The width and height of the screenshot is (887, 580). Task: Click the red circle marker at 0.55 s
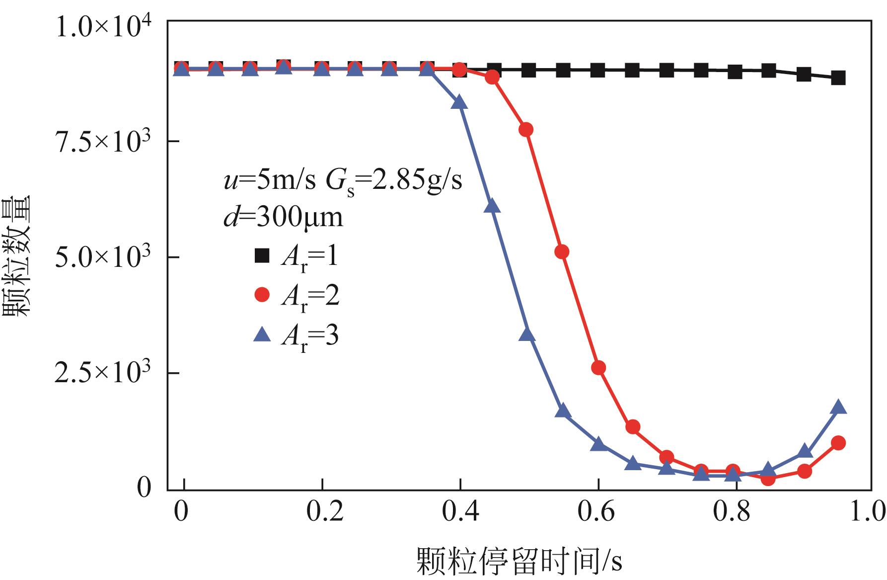(x=562, y=252)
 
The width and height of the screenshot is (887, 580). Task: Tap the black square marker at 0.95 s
(x=838, y=78)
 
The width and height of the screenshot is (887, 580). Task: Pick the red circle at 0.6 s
(x=598, y=368)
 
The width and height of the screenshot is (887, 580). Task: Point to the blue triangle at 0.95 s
(x=838, y=407)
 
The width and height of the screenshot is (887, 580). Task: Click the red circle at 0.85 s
(x=768, y=479)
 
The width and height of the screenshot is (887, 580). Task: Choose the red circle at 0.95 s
(x=838, y=443)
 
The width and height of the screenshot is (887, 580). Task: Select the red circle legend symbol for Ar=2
(x=262, y=295)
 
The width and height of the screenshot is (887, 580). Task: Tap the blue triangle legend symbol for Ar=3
(x=262, y=336)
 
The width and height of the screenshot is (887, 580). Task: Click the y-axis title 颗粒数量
(x=17, y=256)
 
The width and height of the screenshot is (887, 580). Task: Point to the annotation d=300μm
(x=283, y=217)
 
